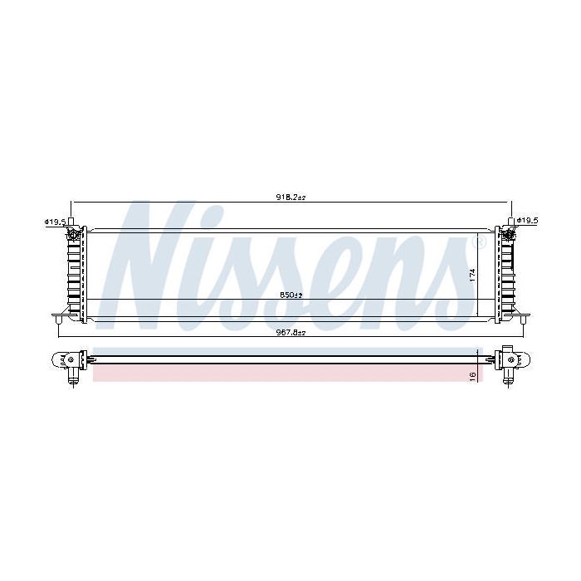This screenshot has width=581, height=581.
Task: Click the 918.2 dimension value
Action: (x=290, y=198)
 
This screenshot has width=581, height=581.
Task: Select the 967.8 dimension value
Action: (x=290, y=333)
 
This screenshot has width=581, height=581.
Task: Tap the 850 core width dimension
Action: (x=291, y=295)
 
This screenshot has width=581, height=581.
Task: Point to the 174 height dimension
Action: (x=472, y=276)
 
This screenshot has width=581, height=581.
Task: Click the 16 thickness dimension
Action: (x=472, y=375)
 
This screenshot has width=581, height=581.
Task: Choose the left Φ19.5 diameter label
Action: (x=55, y=222)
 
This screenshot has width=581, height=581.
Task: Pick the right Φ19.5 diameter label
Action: (x=527, y=221)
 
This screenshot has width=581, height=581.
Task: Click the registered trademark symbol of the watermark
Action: (x=480, y=242)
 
